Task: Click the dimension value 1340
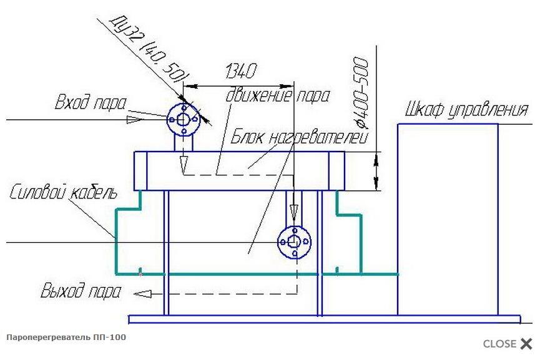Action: pyautogui.click(x=241, y=71)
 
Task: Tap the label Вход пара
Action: pyautogui.click(x=91, y=102)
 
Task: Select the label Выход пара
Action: pyautogui.click(x=81, y=291)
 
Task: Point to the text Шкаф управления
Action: pyautogui.click(x=466, y=109)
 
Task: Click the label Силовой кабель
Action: pyautogui.click(x=63, y=192)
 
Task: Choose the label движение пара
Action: pyautogui.click(x=278, y=95)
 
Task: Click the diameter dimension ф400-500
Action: pyautogui.click(x=361, y=93)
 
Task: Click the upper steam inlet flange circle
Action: pyautogui.click(x=167, y=120)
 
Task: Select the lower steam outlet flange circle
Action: pyautogui.click(x=278, y=242)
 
